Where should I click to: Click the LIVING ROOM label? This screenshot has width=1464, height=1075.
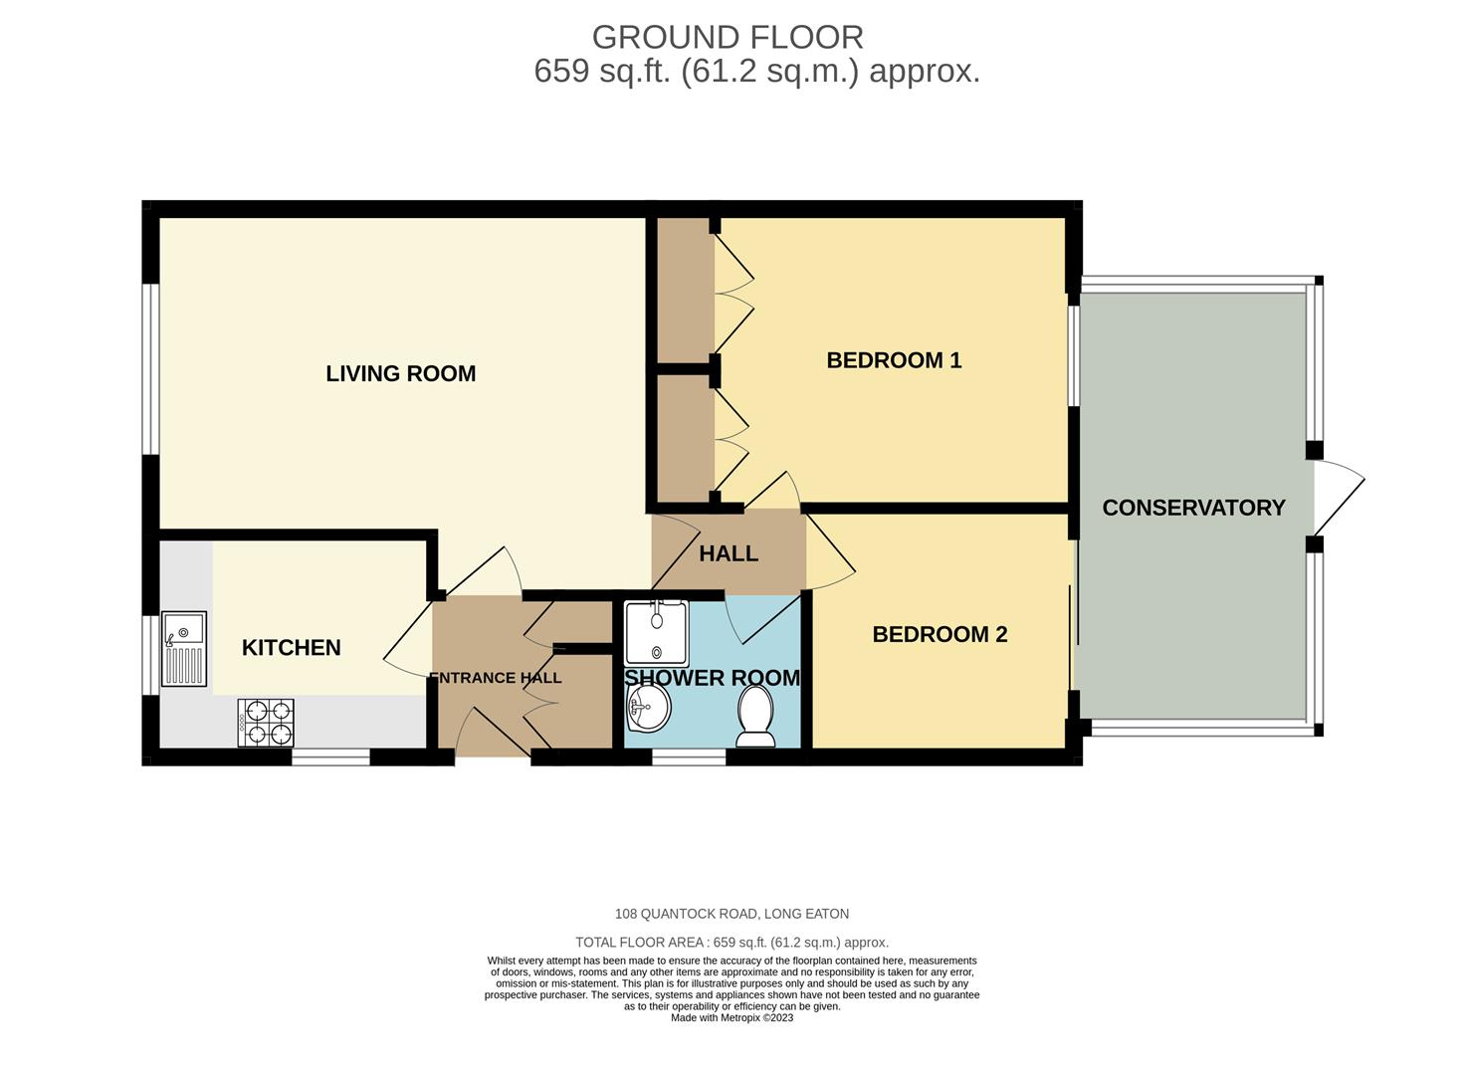point(401,374)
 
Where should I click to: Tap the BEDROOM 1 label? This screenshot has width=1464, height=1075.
point(894,360)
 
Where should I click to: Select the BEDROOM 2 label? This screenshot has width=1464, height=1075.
point(940,634)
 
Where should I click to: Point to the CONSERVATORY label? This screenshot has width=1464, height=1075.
point(1193,508)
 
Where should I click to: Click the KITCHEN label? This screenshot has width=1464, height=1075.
point(292,648)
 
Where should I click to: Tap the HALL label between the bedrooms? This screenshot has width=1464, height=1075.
point(729,554)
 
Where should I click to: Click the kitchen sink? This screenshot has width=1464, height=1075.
point(184,649)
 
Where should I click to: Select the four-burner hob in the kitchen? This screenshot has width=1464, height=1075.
point(266,723)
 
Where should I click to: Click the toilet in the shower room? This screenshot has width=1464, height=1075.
point(756,716)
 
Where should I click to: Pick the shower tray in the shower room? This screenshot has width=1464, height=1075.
point(656,633)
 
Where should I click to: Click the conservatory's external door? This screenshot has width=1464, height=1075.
point(1339,497)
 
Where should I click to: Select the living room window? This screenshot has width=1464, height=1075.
point(151,369)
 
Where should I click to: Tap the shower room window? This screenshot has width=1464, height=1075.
point(689,757)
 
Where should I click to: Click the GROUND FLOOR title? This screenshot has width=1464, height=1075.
point(728,37)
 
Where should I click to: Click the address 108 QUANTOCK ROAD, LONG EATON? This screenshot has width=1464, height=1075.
point(732,914)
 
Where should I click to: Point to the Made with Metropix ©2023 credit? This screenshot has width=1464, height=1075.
point(732,1017)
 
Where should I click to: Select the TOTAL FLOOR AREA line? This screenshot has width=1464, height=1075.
point(732,943)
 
